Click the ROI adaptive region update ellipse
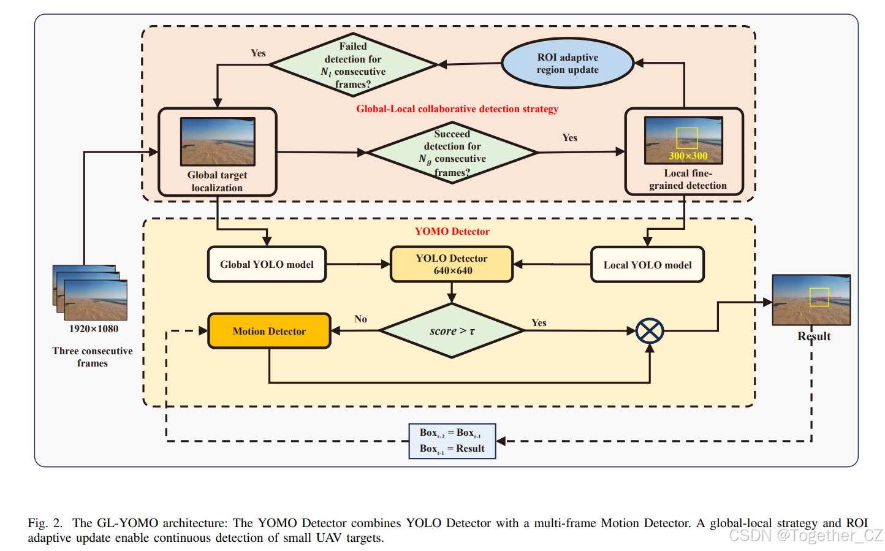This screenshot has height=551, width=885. click(x=568, y=63)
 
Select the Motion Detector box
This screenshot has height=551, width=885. click(x=269, y=331)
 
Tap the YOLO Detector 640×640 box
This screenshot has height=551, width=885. click(x=452, y=264)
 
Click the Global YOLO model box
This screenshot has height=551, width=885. click(x=267, y=264)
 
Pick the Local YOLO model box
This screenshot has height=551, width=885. click(x=647, y=265)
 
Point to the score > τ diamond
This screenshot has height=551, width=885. click(x=452, y=331)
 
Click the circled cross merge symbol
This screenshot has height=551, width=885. click(x=650, y=331)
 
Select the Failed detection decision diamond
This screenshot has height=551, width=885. click(x=353, y=64)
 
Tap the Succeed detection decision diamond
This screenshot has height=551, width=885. click(x=452, y=153)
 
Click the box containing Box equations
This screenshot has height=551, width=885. click(x=452, y=441)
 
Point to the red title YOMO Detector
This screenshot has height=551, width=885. click(x=452, y=231)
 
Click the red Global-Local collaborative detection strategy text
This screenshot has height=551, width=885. click(x=457, y=108)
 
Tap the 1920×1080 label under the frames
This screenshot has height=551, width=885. click(x=94, y=329)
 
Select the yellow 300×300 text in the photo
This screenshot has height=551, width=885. click(x=688, y=156)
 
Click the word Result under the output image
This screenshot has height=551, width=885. click(x=814, y=336)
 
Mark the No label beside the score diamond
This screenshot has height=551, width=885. click(x=360, y=319)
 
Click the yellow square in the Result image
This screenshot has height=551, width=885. click(x=819, y=297)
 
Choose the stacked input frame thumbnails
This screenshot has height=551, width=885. click(x=90, y=292)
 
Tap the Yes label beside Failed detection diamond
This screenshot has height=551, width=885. click(x=258, y=53)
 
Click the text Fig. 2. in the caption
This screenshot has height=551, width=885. click(x=45, y=523)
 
